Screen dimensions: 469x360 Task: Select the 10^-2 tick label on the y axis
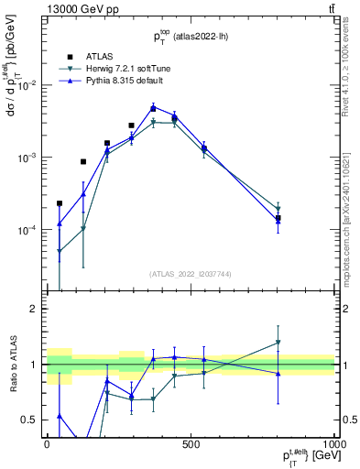[x=27, y=85]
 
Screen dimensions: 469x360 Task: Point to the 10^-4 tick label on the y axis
[x=27, y=230]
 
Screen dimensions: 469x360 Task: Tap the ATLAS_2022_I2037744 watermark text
[x=189, y=273]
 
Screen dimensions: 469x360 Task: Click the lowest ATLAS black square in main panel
[x=60, y=203]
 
